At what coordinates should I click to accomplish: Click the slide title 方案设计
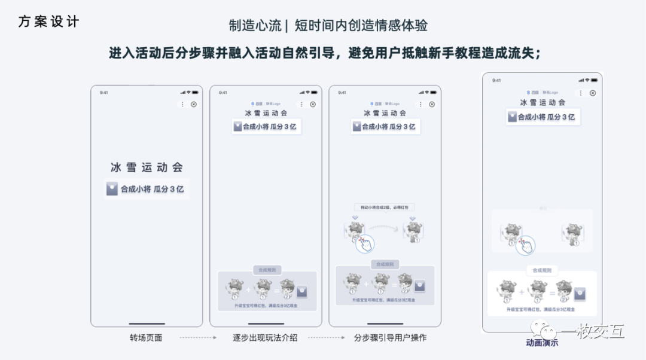pyautogui.click(x=48, y=22)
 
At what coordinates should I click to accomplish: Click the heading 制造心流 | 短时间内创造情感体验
pyautogui.click(x=328, y=26)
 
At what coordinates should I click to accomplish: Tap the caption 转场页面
pyautogui.click(x=146, y=338)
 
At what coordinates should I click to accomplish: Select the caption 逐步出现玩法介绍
pyautogui.click(x=265, y=338)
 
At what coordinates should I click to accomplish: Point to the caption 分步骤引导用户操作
pyautogui.click(x=390, y=338)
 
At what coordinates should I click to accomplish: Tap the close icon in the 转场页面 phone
pyautogui.click(x=194, y=104)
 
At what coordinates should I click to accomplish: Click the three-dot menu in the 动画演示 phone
pyautogui.click(x=580, y=93)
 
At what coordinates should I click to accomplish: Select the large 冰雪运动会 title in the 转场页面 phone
pyautogui.click(x=147, y=167)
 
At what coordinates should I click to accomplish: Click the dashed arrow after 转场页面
pyautogui.click(x=198, y=338)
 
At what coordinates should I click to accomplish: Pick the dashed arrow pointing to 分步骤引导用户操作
pyautogui.click(x=326, y=338)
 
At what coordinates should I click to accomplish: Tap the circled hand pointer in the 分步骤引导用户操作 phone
pyautogui.click(x=365, y=244)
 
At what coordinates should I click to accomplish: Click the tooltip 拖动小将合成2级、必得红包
pyautogui.click(x=384, y=207)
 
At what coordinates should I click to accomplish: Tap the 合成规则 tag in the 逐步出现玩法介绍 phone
pyautogui.click(x=266, y=270)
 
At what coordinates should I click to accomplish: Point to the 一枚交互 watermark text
pyautogui.click(x=592, y=331)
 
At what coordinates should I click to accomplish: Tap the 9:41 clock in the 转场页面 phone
pyautogui.click(x=104, y=93)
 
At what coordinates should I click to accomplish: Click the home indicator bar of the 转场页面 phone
pyautogui.click(x=147, y=324)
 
